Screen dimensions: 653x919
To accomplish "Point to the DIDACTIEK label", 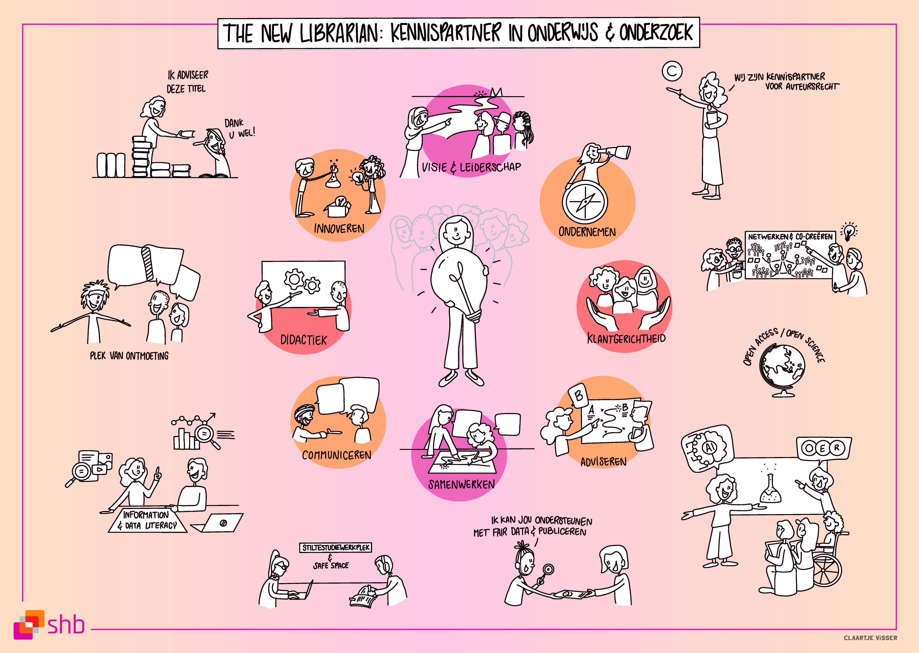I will [303, 340].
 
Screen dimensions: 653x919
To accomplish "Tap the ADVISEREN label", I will [603, 462].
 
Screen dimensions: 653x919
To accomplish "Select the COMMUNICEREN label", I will [336, 455].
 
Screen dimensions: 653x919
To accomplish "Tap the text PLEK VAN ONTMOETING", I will [129, 356].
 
